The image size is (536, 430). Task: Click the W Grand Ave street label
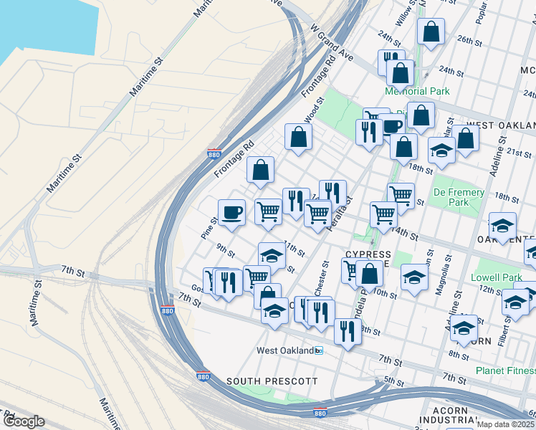point(332,44)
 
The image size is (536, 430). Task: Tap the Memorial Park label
point(416,92)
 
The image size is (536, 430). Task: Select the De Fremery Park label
point(459,197)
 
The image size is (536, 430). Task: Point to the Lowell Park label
point(497,277)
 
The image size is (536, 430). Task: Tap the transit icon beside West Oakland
point(320,350)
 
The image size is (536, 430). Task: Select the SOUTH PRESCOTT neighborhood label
point(272,381)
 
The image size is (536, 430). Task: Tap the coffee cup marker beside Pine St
point(232,212)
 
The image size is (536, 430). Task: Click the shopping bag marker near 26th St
point(430,31)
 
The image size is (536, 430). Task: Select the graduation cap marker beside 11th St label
point(272,255)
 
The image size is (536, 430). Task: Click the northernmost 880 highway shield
point(214,154)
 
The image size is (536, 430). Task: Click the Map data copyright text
point(506,424)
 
